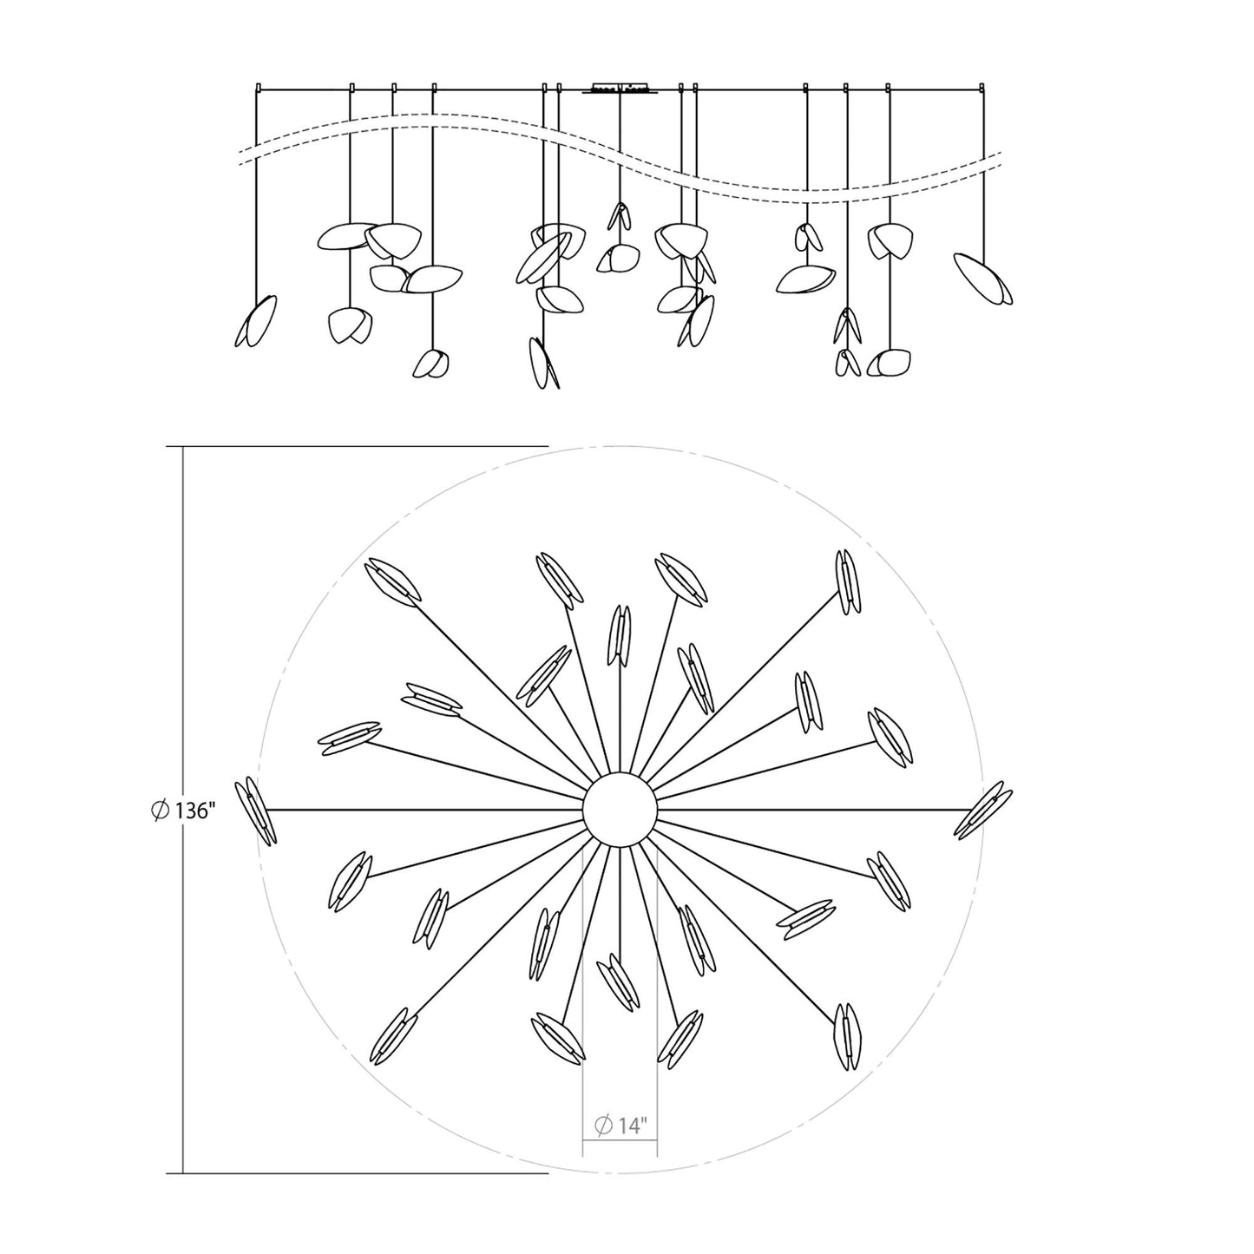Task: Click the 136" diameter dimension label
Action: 182,811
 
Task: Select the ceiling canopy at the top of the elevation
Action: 620,88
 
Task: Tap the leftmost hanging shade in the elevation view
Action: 256,321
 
